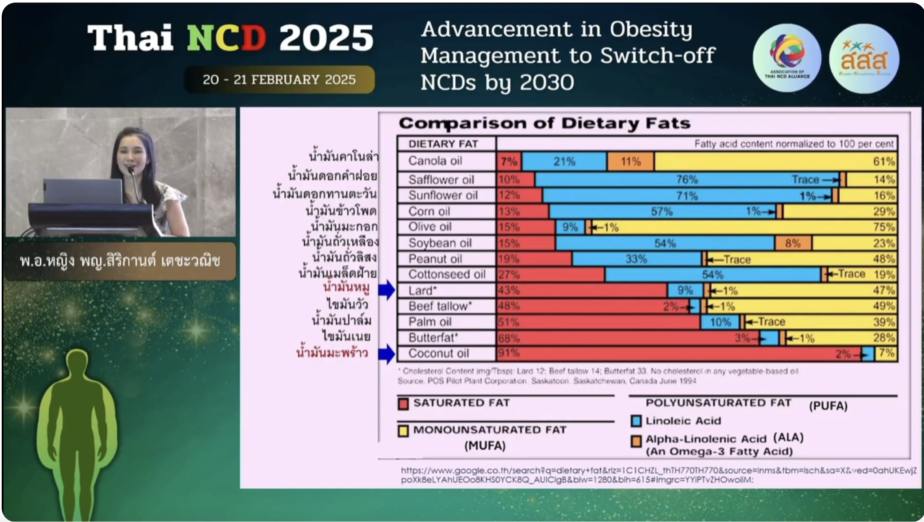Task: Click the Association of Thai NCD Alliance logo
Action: coord(787,58)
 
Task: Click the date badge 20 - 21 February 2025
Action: coord(279,80)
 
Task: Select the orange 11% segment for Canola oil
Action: coord(631,162)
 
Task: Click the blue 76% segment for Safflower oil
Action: coord(687,180)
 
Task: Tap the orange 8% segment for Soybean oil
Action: coord(793,243)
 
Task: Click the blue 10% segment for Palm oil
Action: coord(720,322)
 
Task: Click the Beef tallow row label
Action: coord(440,306)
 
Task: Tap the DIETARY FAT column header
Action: coord(443,144)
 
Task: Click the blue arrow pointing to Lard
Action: coord(386,290)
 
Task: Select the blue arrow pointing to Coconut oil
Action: coord(386,354)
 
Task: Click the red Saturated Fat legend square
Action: coord(403,404)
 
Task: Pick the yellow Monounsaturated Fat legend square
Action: coord(403,431)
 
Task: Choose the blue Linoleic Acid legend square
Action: coord(636,421)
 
